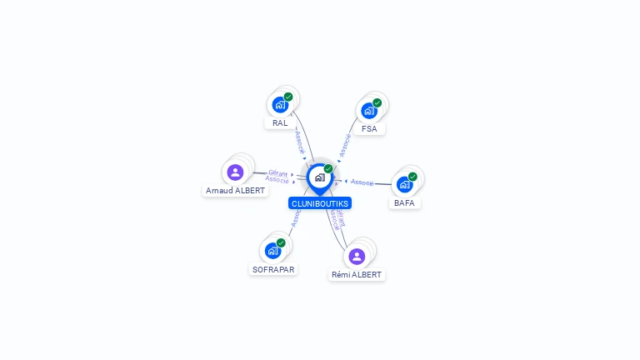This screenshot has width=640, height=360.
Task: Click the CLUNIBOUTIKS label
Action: (x=320, y=203)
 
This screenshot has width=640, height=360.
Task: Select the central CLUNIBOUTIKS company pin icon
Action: (x=319, y=177)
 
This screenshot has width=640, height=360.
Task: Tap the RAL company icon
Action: (x=280, y=105)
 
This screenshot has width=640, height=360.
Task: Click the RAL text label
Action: (x=280, y=123)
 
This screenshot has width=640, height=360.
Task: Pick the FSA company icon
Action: (x=369, y=111)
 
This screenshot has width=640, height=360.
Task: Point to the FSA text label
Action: (x=369, y=129)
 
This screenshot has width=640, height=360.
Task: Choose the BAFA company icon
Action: (x=405, y=184)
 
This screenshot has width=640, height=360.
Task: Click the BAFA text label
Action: (x=405, y=202)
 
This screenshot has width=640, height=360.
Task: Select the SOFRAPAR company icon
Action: (x=272, y=251)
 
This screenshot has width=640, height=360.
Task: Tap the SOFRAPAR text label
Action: (x=273, y=269)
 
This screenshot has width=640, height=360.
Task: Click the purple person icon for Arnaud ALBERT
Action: (x=235, y=172)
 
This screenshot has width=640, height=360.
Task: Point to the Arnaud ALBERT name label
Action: (x=236, y=191)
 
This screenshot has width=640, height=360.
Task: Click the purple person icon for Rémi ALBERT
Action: (x=357, y=257)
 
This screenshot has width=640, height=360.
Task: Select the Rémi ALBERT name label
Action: (x=357, y=274)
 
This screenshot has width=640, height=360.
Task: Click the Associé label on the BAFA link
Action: (x=362, y=182)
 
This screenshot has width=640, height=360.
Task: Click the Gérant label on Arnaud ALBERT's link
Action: (x=278, y=172)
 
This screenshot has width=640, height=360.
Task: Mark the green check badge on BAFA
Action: (x=412, y=177)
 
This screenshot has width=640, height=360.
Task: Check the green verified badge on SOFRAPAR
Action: (x=281, y=243)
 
